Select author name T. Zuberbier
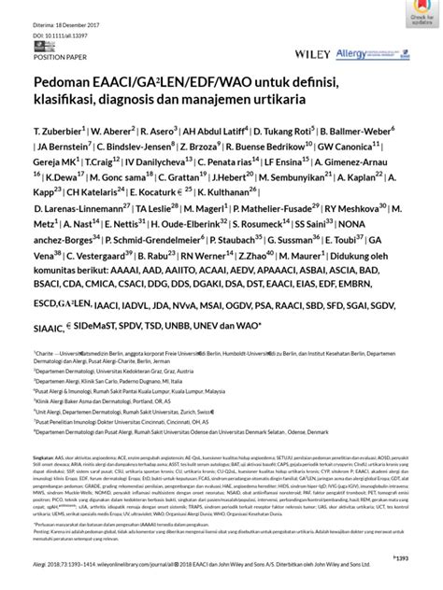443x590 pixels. click(60, 132)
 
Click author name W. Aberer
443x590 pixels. click(111, 132)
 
